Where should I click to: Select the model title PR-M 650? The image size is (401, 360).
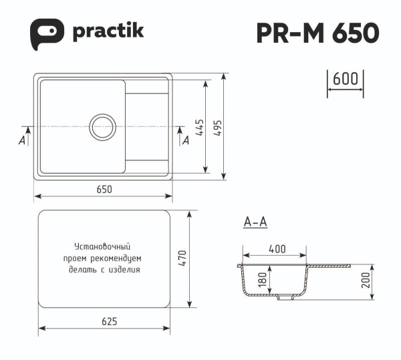[317, 32]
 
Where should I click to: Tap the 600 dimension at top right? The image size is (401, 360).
[344, 78]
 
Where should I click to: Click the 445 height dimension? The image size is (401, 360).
[198, 128]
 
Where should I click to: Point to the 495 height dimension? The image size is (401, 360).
[217, 128]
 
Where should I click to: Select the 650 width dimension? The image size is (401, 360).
[104, 189]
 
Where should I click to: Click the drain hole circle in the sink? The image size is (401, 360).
[102, 126]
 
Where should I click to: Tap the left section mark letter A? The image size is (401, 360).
[22, 141]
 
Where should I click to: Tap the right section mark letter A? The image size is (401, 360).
[186, 141]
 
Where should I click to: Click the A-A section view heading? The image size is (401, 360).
[256, 222]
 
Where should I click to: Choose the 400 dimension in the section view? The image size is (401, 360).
[277, 248]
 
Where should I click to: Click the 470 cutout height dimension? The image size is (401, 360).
[180, 258]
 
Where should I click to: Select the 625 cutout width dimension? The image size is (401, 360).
[110, 321]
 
